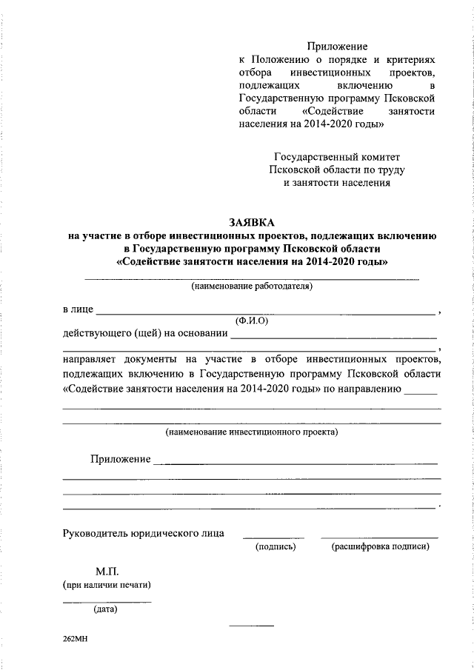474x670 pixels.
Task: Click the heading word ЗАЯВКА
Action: pyautogui.click(x=252, y=222)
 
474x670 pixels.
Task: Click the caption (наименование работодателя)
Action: pyautogui.click(x=252, y=286)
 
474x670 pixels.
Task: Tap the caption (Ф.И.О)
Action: pyautogui.click(x=251, y=321)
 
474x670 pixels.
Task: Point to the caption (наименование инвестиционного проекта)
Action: pyautogui.click(x=251, y=430)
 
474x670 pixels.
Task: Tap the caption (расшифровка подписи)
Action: pyautogui.click(x=380, y=547)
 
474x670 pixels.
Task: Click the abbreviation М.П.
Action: pyautogui.click(x=107, y=572)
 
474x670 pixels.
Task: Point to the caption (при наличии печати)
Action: pyautogui.click(x=107, y=585)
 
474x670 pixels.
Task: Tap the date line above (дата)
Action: pyautogui.click(x=107, y=601)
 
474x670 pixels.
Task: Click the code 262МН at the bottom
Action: pyautogui.click(x=76, y=637)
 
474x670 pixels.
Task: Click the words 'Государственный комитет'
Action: pyautogui.click(x=337, y=158)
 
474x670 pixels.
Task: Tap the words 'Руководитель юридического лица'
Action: pyautogui.click(x=144, y=532)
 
